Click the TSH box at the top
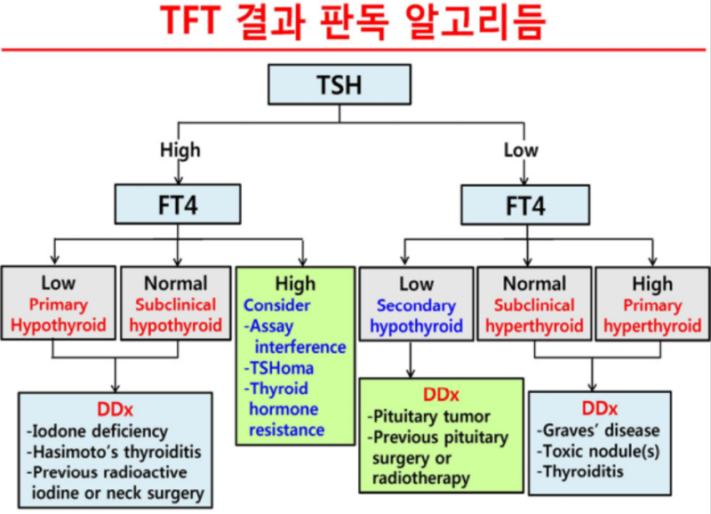tap(340, 84)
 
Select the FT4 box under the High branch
tap(178, 205)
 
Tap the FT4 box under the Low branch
tap(525, 205)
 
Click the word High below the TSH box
tap(180, 149)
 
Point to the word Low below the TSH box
tap(521, 149)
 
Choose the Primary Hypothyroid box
tap(59, 302)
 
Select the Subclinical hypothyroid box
tap(176, 303)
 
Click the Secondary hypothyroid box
tap(416, 303)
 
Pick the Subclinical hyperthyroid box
tap(535, 303)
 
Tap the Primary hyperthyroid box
tap(652, 303)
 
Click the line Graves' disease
tap(598, 430)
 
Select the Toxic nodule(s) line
tap(598, 451)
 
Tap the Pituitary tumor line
tap(429, 416)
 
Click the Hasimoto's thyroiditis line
tap(115, 452)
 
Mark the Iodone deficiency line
tap(98, 431)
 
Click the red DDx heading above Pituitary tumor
tap(441, 395)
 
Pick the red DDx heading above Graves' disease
tap(599, 409)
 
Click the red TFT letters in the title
tap(191, 20)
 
